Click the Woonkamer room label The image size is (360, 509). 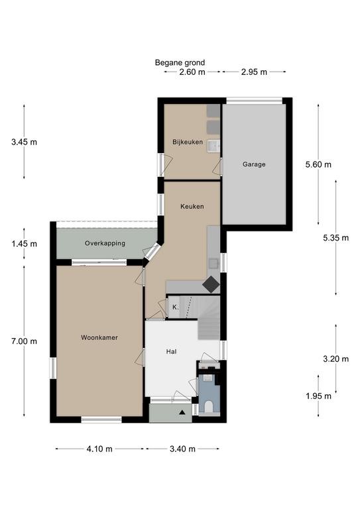(99, 337)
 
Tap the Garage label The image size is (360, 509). (254, 164)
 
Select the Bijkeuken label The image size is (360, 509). (188, 142)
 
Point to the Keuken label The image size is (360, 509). (192, 206)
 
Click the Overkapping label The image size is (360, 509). (105, 243)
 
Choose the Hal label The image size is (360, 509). (172, 351)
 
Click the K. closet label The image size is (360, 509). (175, 307)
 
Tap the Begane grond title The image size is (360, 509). (180, 62)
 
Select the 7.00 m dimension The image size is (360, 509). (24, 341)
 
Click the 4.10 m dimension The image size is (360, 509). (99, 449)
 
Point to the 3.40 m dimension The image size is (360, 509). (182, 449)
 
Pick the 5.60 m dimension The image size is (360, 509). (318, 164)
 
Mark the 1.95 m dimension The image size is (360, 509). (318, 396)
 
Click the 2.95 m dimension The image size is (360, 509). (254, 72)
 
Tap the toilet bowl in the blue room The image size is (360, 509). (209, 406)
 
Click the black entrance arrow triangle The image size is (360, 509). (182, 412)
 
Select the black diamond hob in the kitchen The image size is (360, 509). (211, 284)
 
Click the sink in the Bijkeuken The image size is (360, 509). (213, 146)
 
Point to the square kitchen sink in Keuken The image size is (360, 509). (213, 263)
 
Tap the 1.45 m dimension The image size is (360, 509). (24, 243)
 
